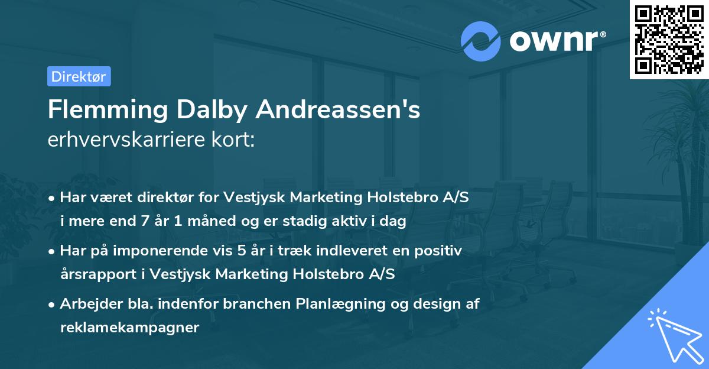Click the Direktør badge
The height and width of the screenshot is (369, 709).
79,76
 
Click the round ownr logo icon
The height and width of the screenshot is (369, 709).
481,41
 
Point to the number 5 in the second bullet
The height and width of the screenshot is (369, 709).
241,251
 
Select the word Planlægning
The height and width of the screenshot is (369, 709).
340,304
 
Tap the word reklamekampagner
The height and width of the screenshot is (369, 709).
129,328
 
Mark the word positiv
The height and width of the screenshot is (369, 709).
441,251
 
